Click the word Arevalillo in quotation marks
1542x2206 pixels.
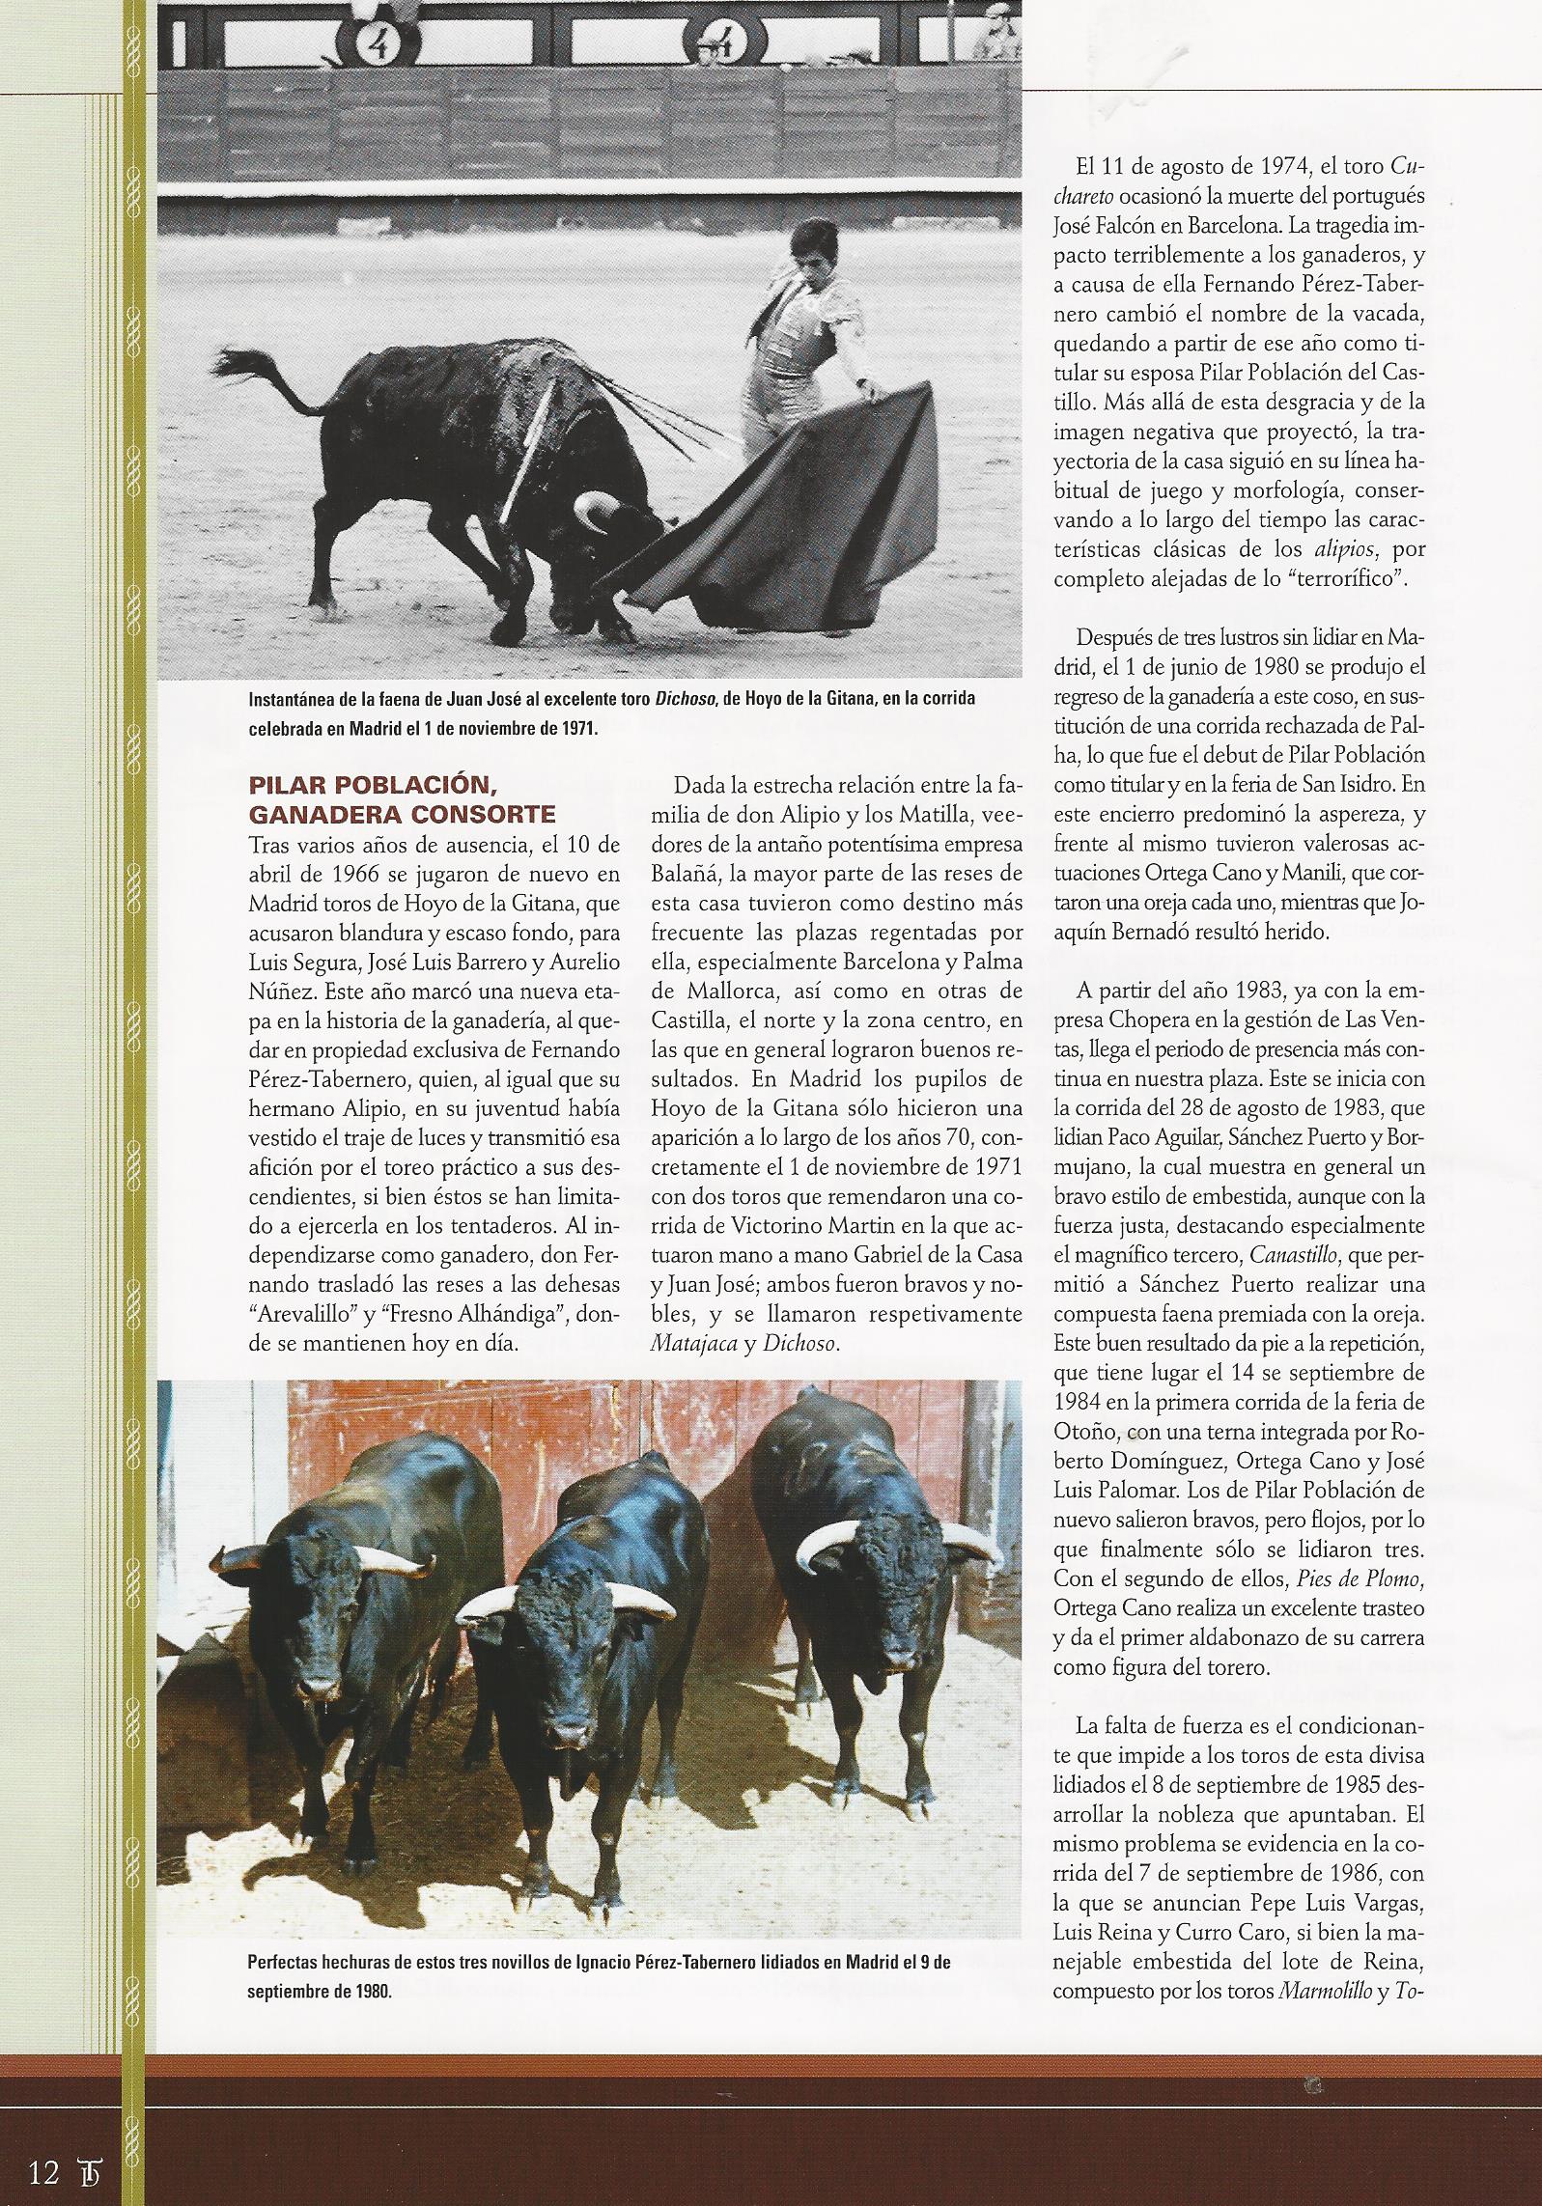(309, 1314)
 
